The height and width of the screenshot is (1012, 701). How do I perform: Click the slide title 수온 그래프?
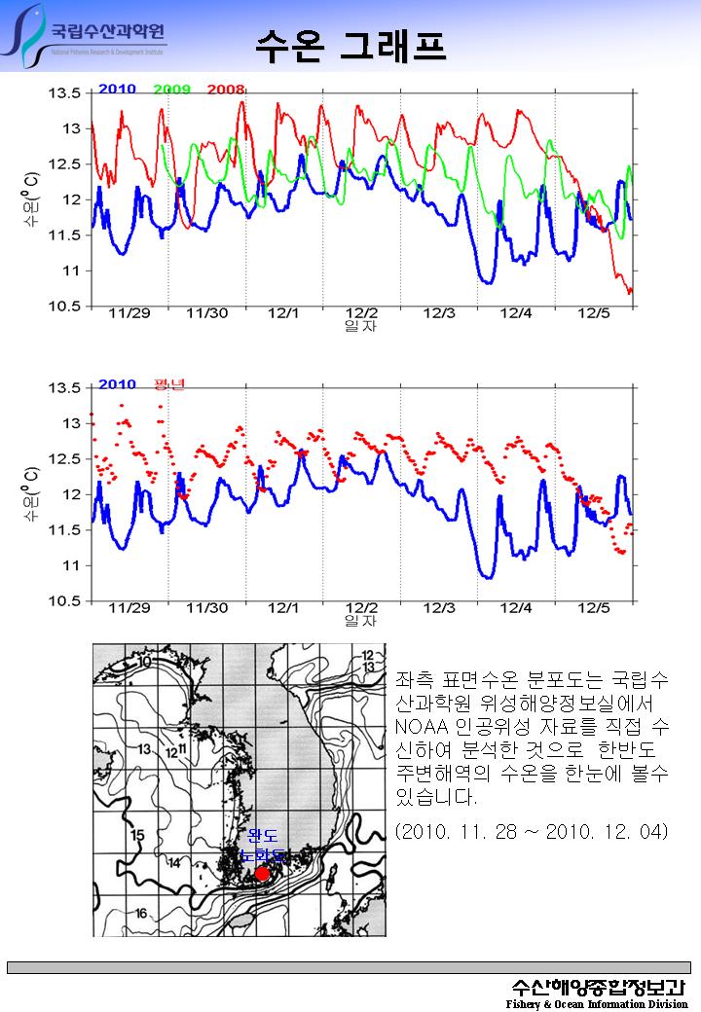(350, 45)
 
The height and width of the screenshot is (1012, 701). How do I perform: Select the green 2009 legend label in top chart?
(171, 90)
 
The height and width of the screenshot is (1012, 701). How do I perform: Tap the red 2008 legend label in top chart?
(225, 90)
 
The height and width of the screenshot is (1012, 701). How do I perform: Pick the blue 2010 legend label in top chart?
(117, 90)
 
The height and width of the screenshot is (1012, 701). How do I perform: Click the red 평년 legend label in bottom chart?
(168, 384)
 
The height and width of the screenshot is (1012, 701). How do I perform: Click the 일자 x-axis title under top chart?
(360, 326)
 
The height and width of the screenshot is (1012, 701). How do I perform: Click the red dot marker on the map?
(262, 874)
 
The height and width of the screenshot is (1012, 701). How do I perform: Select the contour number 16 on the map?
(140, 913)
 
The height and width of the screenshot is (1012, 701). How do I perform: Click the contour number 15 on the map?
(137, 835)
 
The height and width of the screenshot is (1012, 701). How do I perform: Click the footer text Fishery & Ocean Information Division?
(596, 1003)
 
